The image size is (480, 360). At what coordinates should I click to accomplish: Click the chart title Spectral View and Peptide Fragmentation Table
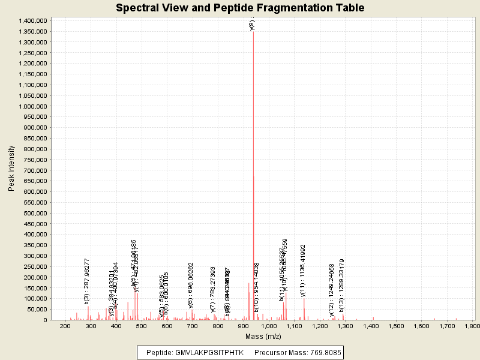(x=240, y=8)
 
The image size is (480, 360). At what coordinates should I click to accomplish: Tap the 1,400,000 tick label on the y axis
(x=32, y=21)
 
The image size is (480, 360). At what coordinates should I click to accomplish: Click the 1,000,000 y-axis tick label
(x=32, y=106)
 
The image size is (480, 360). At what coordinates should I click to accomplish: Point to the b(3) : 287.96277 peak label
(x=87, y=281)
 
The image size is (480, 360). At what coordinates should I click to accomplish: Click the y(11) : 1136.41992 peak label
(x=304, y=270)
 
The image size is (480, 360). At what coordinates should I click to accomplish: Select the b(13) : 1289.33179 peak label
(x=342, y=285)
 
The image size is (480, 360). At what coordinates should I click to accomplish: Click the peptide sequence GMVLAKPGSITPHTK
(x=210, y=352)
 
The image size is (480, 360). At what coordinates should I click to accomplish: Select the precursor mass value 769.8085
(x=319, y=352)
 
